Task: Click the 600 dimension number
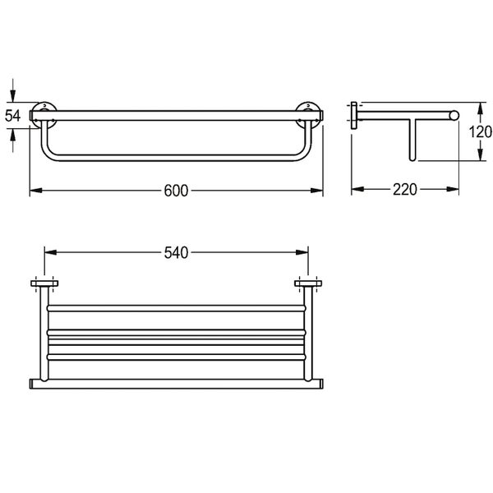point(176,191)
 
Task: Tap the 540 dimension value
point(176,253)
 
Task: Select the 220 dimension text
point(405,190)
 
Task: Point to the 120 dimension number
point(481,131)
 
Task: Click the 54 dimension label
point(13,116)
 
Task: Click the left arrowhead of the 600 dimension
point(36,191)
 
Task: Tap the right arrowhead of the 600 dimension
point(316,191)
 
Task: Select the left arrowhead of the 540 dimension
point(51,252)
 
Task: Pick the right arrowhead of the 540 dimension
point(302,252)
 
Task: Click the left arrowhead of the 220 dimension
point(357,189)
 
